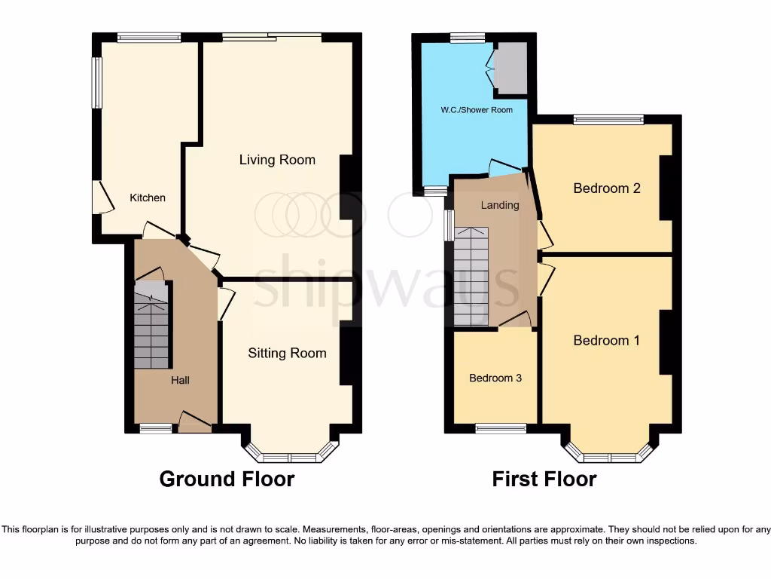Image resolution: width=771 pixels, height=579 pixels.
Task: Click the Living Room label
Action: pos(277,160)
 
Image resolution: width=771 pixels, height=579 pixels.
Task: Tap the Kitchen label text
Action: pos(148,198)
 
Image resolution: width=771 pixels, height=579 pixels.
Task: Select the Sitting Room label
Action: pos(287,353)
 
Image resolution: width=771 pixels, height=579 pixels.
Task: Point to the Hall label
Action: pos(180,380)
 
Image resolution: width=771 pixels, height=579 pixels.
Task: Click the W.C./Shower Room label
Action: pos(477,110)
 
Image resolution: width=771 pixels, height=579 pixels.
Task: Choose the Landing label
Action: pos(500,205)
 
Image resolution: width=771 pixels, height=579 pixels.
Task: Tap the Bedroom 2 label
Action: pos(606,188)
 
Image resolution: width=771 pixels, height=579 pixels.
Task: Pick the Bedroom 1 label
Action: pos(606,341)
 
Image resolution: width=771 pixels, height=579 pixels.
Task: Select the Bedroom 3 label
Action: pos(495,378)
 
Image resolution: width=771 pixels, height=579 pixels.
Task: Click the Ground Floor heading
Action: pos(227,479)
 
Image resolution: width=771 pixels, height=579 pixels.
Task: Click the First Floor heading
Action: pos(544,479)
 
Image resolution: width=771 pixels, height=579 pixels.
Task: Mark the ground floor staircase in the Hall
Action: pos(151,325)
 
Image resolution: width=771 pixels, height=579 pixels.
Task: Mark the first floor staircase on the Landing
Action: pos(471,276)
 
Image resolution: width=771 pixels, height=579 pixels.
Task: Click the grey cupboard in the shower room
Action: pos(510,68)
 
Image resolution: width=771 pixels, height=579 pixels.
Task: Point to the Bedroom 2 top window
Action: pos(608,119)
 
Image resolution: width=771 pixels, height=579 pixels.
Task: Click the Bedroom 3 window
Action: pos(501,429)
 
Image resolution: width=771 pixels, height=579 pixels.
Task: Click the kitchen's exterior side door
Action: pos(97,197)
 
